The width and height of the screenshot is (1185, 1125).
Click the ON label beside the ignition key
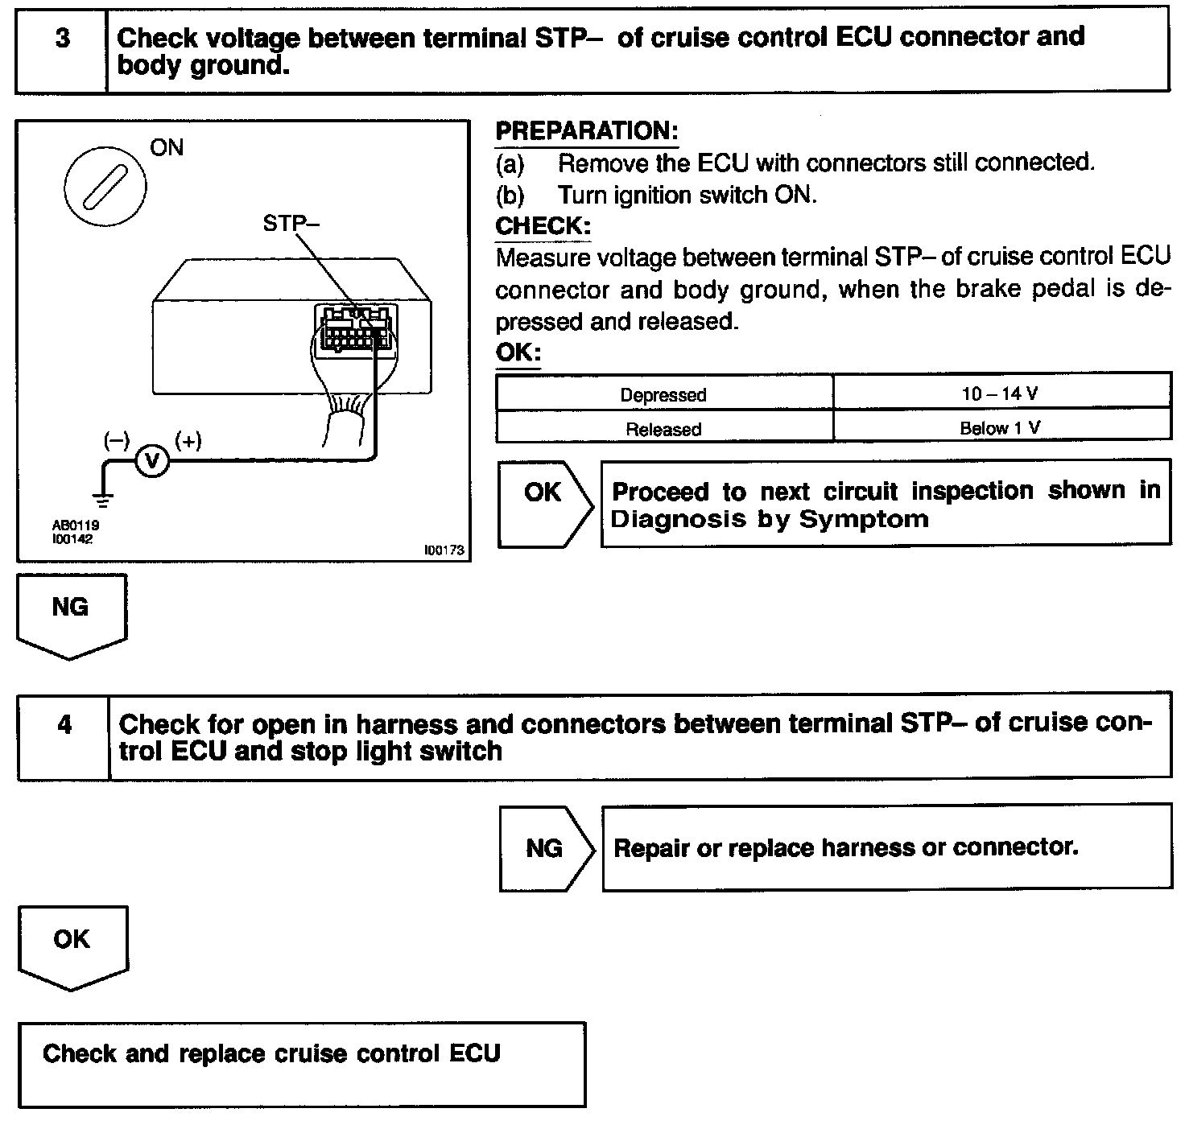pos(167,148)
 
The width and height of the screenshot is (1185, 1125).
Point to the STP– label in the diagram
pos(291,224)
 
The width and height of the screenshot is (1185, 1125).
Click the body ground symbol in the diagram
pos(104,499)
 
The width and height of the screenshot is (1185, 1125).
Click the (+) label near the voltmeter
pos(188,440)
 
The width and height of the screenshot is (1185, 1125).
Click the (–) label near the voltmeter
pos(116,440)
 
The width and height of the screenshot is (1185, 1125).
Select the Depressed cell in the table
pos(663,394)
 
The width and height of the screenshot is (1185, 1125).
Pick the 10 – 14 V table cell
pos(1001,394)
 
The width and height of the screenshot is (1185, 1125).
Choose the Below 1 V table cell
pos(1001,428)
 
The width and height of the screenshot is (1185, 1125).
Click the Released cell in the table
pos(663,429)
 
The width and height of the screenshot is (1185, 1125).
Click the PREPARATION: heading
pos(587,131)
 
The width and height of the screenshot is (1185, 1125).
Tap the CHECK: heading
pos(543,226)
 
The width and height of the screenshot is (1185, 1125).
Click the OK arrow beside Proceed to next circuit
pos(544,504)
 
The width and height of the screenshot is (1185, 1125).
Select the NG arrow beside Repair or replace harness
pos(546,848)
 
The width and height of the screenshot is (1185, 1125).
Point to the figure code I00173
pos(445,550)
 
